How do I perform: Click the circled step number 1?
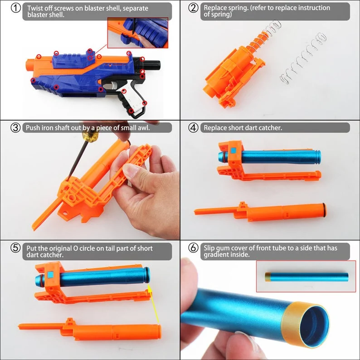point(15,8)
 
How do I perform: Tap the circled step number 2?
point(193,8)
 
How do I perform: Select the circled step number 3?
point(15,128)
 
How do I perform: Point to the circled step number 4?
point(193,128)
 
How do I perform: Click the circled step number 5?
point(15,248)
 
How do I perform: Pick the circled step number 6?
point(193,248)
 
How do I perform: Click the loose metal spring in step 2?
point(302,59)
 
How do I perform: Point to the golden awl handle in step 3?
point(91,136)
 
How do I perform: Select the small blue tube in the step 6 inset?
point(307,277)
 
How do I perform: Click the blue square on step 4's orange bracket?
point(234,151)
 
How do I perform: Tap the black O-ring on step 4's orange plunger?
point(325,210)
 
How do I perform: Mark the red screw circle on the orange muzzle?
point(39,57)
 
